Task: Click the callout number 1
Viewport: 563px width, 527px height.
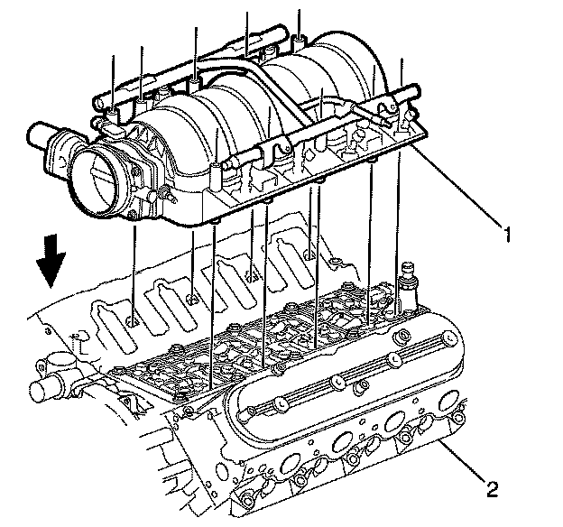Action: [x=509, y=235]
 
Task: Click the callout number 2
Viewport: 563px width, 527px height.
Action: [x=491, y=490]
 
